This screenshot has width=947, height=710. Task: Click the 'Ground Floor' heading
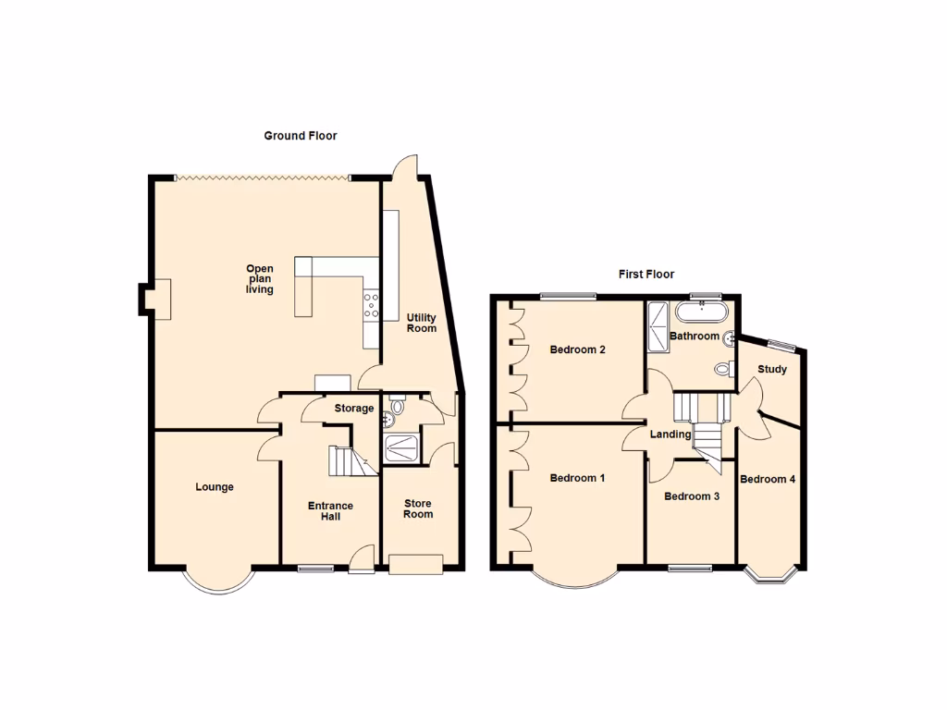pyautogui.click(x=301, y=136)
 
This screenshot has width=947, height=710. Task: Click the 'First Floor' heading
pyautogui.click(x=646, y=275)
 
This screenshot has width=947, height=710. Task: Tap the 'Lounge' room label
pyautogui.click(x=214, y=487)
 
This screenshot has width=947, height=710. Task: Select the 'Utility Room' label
pyautogui.click(x=422, y=323)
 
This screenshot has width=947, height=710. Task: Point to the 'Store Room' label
pyautogui.click(x=418, y=508)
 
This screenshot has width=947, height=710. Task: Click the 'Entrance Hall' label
pyautogui.click(x=330, y=510)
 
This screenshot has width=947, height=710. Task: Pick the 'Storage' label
pyautogui.click(x=354, y=409)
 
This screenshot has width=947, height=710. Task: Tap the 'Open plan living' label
pyautogui.click(x=260, y=279)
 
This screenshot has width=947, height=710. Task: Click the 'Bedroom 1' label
pyautogui.click(x=577, y=478)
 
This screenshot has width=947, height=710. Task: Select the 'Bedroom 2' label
pyautogui.click(x=577, y=349)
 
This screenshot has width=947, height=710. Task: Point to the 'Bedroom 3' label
pyautogui.click(x=692, y=496)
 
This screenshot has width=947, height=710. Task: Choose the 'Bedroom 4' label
pyautogui.click(x=768, y=479)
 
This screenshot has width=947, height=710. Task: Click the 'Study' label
pyautogui.click(x=772, y=370)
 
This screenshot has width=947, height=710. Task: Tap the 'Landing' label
pyautogui.click(x=670, y=435)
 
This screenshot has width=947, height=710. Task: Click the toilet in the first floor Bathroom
pyautogui.click(x=723, y=369)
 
